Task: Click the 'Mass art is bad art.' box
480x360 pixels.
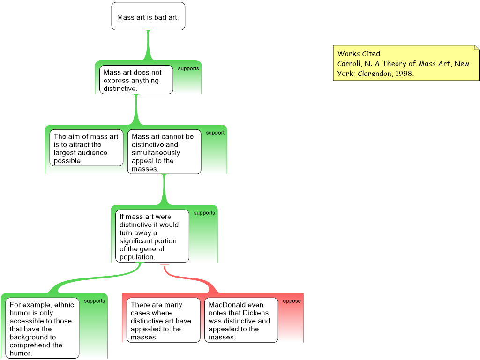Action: [x=148, y=16]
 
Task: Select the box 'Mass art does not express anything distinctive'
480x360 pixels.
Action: [x=136, y=80]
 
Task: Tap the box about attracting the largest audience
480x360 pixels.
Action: [x=86, y=148]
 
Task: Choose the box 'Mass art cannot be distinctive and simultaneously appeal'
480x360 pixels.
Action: [x=164, y=152]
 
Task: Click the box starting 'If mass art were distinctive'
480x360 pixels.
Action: [x=152, y=236]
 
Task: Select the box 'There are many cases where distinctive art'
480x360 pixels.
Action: [x=163, y=321]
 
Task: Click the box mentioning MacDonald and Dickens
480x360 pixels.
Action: [x=241, y=321]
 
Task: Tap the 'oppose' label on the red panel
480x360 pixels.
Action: [x=292, y=301]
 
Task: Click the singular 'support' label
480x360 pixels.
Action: [x=215, y=133]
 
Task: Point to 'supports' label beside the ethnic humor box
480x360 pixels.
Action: [x=94, y=301]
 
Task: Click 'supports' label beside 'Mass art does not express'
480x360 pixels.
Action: [x=188, y=68]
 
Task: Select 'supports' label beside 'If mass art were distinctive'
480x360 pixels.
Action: [x=204, y=213]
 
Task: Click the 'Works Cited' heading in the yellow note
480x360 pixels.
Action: [x=359, y=53]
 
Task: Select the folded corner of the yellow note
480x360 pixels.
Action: [x=477, y=47]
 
